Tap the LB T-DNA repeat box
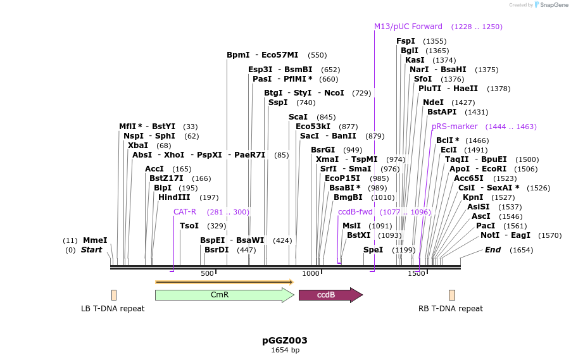[114, 295]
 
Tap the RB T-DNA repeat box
[452, 295]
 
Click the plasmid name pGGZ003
[285, 340]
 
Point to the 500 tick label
[207, 273]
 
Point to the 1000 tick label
[311, 273]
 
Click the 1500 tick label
[416, 273]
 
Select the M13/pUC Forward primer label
[408, 27]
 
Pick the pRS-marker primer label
[455, 127]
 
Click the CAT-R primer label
[185, 212]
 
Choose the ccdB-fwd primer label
[355, 212]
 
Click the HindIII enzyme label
[174, 197]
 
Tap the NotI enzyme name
[489, 235]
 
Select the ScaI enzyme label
[298, 117]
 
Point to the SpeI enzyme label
[373, 250]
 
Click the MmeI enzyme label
[95, 240]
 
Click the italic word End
[493, 250]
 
